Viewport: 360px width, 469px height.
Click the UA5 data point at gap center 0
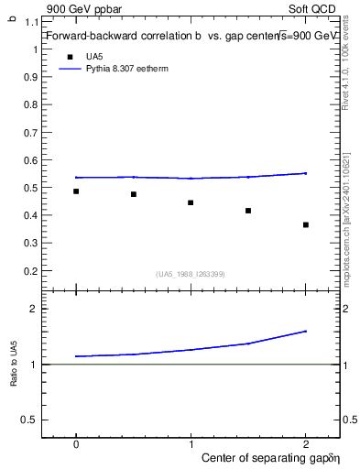tap(76, 191)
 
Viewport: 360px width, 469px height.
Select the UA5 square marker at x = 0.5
tap(134, 194)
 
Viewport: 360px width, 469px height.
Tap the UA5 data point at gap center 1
tap(191, 202)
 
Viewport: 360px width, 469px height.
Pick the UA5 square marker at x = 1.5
tap(248, 211)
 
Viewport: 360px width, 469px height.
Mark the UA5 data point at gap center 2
tap(306, 224)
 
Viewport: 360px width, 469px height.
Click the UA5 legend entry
tap(93, 57)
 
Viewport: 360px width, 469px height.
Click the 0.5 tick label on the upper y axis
tap(32, 188)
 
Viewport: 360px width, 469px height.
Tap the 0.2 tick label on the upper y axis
tap(32, 271)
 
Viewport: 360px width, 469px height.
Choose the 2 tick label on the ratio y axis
tap(35, 309)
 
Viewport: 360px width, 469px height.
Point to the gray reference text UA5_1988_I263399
tap(191, 274)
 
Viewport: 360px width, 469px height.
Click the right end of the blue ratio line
tap(306, 331)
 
